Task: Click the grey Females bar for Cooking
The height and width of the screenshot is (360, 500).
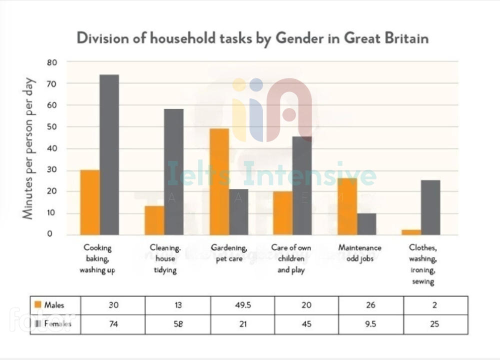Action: [109, 155]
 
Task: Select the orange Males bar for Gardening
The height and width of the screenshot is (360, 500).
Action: [219, 182]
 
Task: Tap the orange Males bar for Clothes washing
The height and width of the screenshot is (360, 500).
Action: [411, 232]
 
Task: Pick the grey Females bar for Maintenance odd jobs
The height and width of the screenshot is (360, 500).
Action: [366, 224]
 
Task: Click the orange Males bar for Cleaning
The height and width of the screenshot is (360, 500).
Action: [154, 220]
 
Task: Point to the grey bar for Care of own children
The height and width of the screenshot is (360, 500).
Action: [302, 186]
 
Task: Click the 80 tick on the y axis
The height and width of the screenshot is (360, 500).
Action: [52, 62]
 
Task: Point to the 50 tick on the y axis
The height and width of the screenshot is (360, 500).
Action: [52, 126]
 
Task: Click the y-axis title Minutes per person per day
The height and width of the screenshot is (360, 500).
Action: [28, 148]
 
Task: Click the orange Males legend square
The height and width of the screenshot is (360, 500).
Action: [37, 304]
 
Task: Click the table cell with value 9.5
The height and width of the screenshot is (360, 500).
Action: [370, 324]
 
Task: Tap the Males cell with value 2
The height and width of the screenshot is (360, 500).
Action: [434, 305]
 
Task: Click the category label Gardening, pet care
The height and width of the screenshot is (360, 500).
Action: [229, 252]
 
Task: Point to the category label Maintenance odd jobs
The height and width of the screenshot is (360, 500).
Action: [359, 252]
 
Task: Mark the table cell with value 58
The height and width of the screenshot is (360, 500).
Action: [177, 324]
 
